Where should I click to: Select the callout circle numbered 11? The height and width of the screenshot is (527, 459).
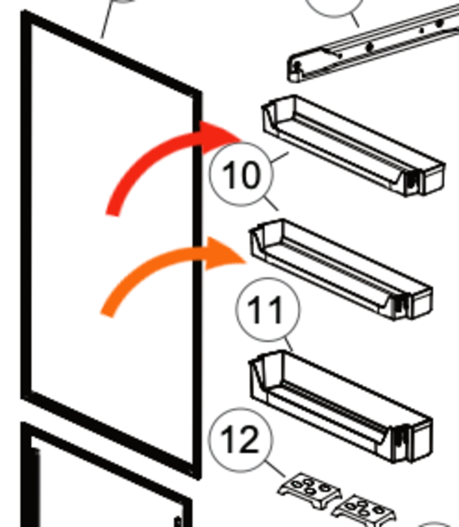point(269,311)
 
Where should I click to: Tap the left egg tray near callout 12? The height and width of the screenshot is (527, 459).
point(309,491)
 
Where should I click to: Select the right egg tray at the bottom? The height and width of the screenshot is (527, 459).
point(365,510)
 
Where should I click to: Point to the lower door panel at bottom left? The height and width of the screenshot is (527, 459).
point(102,484)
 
